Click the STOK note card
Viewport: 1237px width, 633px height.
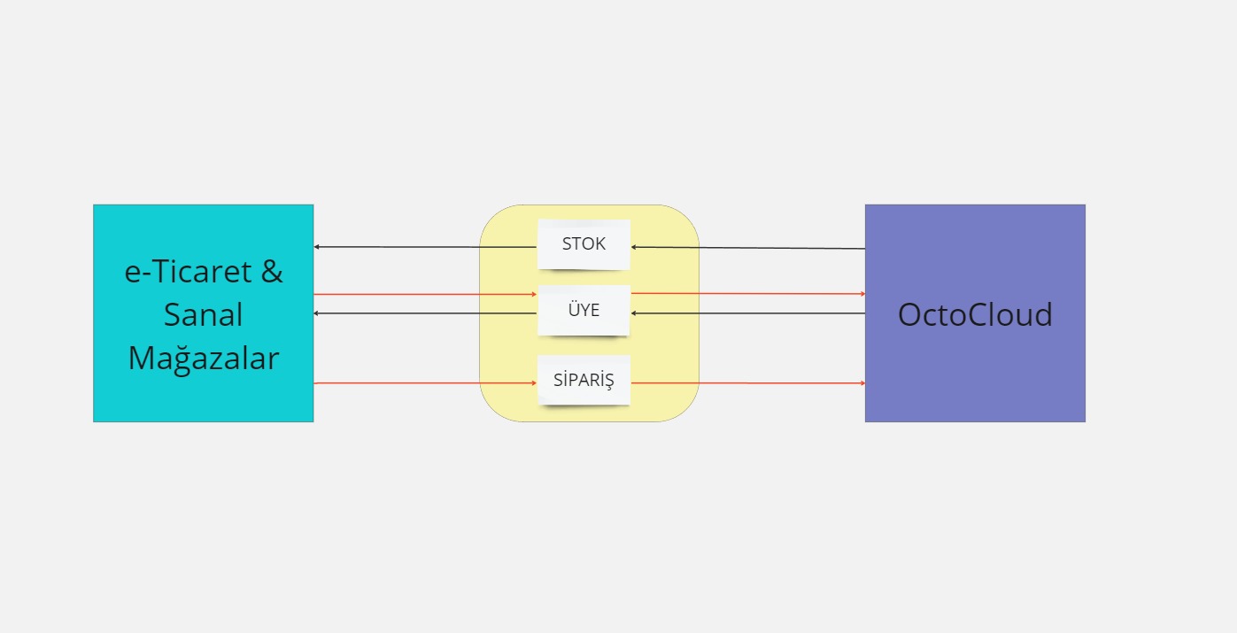(x=584, y=244)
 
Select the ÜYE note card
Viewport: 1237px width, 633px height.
(x=584, y=311)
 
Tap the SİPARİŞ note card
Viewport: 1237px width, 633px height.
(x=584, y=380)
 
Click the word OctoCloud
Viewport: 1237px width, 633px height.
(x=975, y=314)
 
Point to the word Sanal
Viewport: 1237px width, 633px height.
(x=204, y=315)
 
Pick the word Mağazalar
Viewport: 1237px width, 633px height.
(x=204, y=358)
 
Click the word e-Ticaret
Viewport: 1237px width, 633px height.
(x=188, y=271)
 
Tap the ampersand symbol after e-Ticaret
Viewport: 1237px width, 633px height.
(x=272, y=271)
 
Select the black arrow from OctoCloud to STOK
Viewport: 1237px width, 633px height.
(x=748, y=248)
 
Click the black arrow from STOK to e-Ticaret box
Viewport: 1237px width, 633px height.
(x=425, y=247)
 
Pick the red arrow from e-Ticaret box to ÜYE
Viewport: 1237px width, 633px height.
(x=425, y=295)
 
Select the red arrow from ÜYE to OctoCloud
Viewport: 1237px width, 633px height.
(x=748, y=294)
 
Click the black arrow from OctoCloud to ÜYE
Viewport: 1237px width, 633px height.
(x=748, y=313)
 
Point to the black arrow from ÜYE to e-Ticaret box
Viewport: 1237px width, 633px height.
(x=425, y=313)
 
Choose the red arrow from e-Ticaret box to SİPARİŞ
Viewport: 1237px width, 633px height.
(x=425, y=382)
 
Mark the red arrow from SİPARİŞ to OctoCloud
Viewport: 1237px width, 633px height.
(x=748, y=382)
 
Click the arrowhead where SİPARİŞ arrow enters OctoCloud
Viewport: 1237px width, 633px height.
(x=863, y=382)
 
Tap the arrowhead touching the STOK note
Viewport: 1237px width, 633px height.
(x=633, y=247)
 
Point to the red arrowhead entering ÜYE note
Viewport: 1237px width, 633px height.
(x=535, y=295)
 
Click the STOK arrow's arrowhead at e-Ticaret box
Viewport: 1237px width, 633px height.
(x=316, y=247)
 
